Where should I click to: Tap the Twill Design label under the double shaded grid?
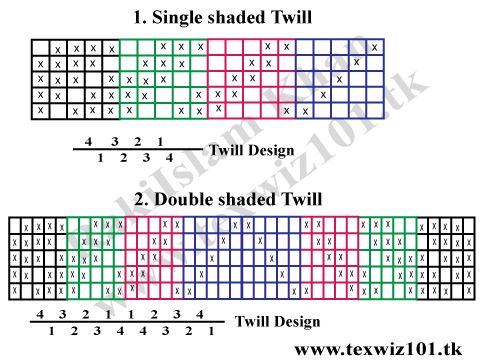[x=278, y=321]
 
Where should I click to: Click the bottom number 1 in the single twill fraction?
[x=100, y=158]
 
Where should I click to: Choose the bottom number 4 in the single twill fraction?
[x=169, y=158]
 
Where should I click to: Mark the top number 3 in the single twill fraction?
[x=114, y=141]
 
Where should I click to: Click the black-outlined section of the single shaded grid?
[x=75, y=78]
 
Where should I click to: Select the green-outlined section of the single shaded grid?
[x=163, y=78]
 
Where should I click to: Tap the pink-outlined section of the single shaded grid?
[x=251, y=78]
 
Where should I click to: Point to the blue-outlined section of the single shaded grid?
[x=340, y=78]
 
